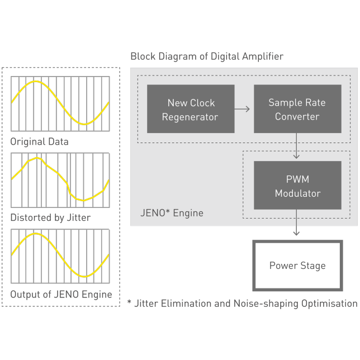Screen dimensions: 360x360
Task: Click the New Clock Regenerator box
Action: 190,109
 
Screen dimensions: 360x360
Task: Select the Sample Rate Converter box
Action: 297,109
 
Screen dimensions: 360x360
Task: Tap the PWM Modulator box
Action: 297,186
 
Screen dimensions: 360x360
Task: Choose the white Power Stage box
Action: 297,266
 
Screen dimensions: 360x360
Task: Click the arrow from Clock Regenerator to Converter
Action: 242,109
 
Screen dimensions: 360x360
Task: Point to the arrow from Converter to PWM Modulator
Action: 297,146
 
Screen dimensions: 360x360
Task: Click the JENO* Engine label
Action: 171,213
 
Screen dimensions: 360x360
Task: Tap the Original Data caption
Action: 39,141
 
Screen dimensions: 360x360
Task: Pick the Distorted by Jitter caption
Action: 50,217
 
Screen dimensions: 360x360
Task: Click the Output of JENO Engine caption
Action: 61,294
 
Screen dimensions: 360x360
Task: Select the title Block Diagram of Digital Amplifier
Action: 207,56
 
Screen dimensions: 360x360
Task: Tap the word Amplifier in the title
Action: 262,56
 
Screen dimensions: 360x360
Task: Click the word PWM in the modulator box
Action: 297,179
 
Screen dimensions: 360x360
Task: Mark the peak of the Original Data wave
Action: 36,82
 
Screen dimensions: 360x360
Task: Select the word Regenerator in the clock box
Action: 190,117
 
